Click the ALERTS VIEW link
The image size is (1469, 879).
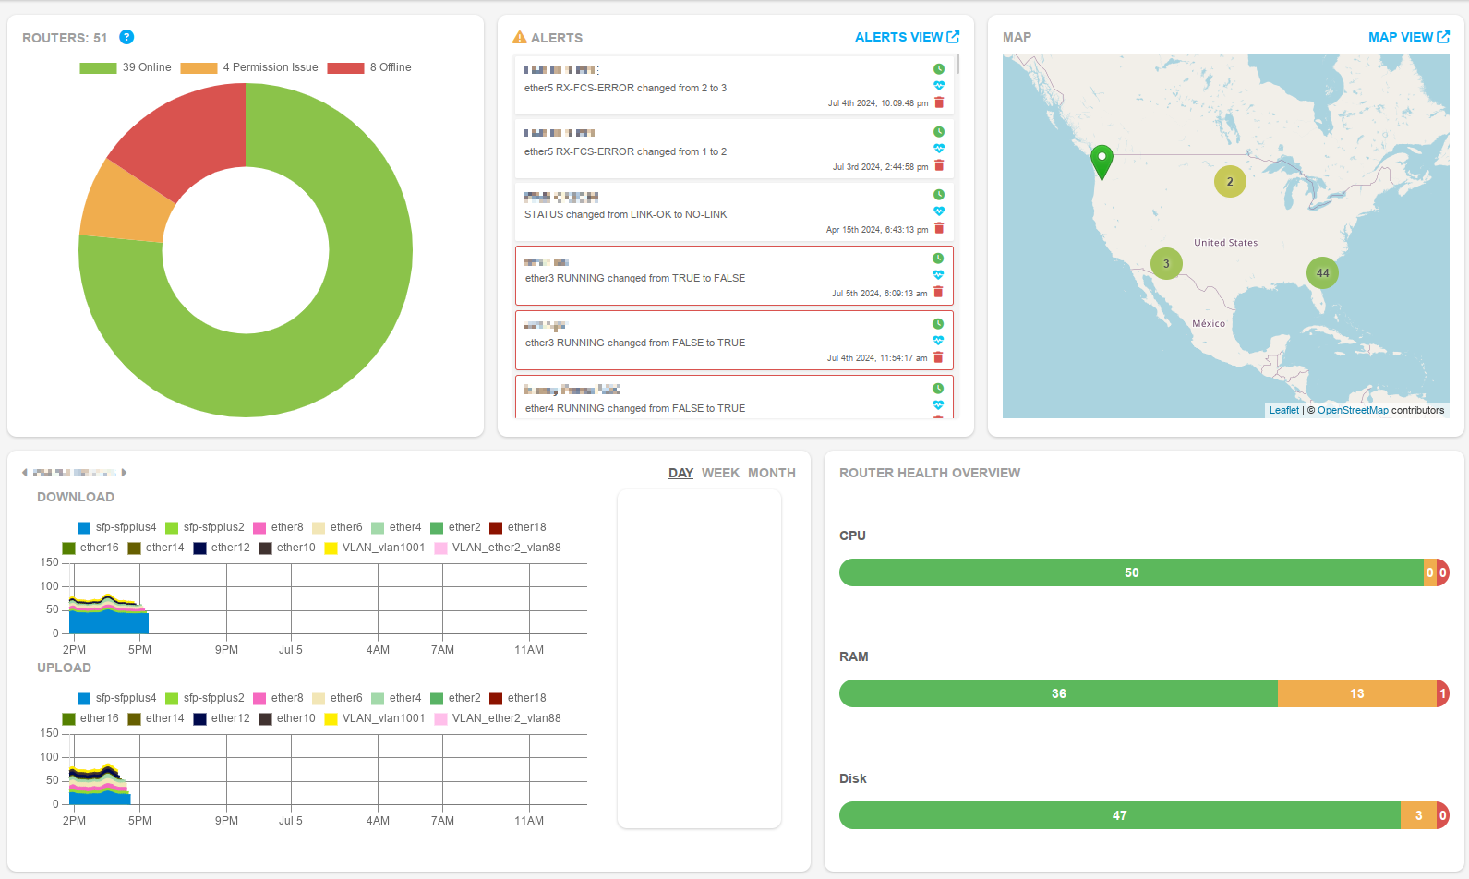(x=906, y=37)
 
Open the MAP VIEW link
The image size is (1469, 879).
(x=1408, y=37)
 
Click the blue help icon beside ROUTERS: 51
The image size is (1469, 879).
(x=127, y=37)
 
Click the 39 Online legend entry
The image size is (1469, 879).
(x=126, y=67)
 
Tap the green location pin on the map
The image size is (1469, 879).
(x=1102, y=160)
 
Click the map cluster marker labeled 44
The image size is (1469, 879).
(x=1322, y=272)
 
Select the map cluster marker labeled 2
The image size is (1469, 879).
(x=1230, y=182)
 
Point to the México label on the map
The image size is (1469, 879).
(x=1208, y=323)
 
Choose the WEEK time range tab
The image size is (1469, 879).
(x=720, y=473)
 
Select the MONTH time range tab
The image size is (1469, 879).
(x=771, y=473)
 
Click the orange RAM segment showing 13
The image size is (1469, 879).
(x=1355, y=693)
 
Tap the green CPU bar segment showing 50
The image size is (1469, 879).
(x=1131, y=572)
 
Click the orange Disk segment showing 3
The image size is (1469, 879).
(x=1418, y=815)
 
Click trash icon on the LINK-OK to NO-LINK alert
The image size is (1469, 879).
(x=939, y=228)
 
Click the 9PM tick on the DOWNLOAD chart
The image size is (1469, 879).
(x=226, y=650)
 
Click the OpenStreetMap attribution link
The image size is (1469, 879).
(x=1352, y=410)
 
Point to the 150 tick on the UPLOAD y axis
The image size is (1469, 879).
(x=49, y=733)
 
